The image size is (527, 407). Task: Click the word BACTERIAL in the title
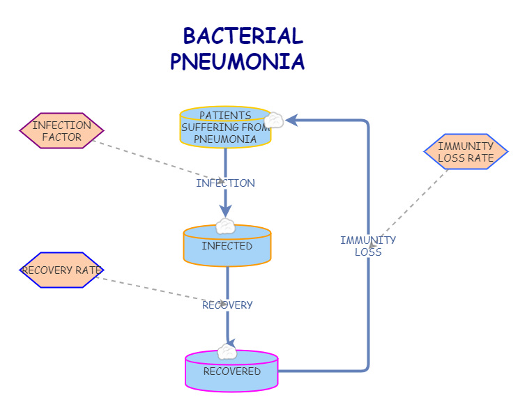click(243, 36)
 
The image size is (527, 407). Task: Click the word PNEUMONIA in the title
click(237, 62)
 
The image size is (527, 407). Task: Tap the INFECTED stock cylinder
click(227, 247)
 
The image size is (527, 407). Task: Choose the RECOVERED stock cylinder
click(231, 371)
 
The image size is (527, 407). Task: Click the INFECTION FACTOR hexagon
click(61, 131)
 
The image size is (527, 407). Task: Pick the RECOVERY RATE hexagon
click(61, 270)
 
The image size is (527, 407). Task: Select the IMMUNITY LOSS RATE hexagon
click(466, 152)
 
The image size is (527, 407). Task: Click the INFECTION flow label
click(225, 183)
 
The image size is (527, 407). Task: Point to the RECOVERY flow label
click(227, 305)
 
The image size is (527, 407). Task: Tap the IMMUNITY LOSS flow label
click(368, 246)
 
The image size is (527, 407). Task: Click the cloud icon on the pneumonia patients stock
click(274, 121)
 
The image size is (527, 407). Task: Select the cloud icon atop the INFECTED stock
click(225, 226)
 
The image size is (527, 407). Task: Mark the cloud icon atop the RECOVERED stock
click(227, 351)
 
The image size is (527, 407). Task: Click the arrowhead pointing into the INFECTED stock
click(225, 211)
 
